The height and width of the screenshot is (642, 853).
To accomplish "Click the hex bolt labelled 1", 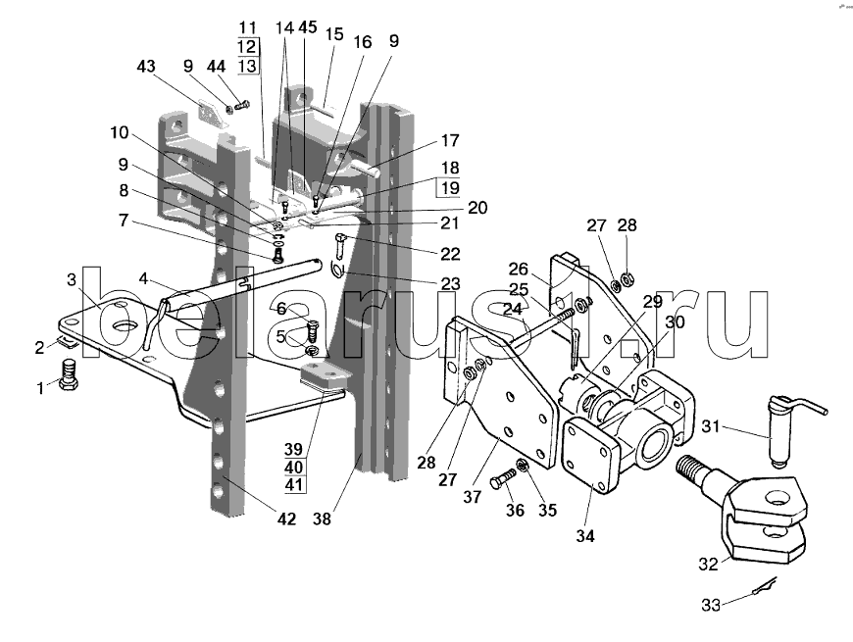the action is click(x=68, y=374).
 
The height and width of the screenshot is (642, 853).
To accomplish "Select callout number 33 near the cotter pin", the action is click(x=711, y=605).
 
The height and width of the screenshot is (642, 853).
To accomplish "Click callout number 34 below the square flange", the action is click(x=585, y=536).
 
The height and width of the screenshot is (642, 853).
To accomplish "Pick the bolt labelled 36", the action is click(x=502, y=480).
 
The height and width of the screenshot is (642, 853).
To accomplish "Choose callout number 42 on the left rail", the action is click(x=286, y=519).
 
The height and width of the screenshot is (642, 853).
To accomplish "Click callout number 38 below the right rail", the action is click(x=322, y=519).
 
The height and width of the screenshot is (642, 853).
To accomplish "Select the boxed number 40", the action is click(x=294, y=467).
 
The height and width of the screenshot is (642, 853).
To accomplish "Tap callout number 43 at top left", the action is click(x=146, y=67).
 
